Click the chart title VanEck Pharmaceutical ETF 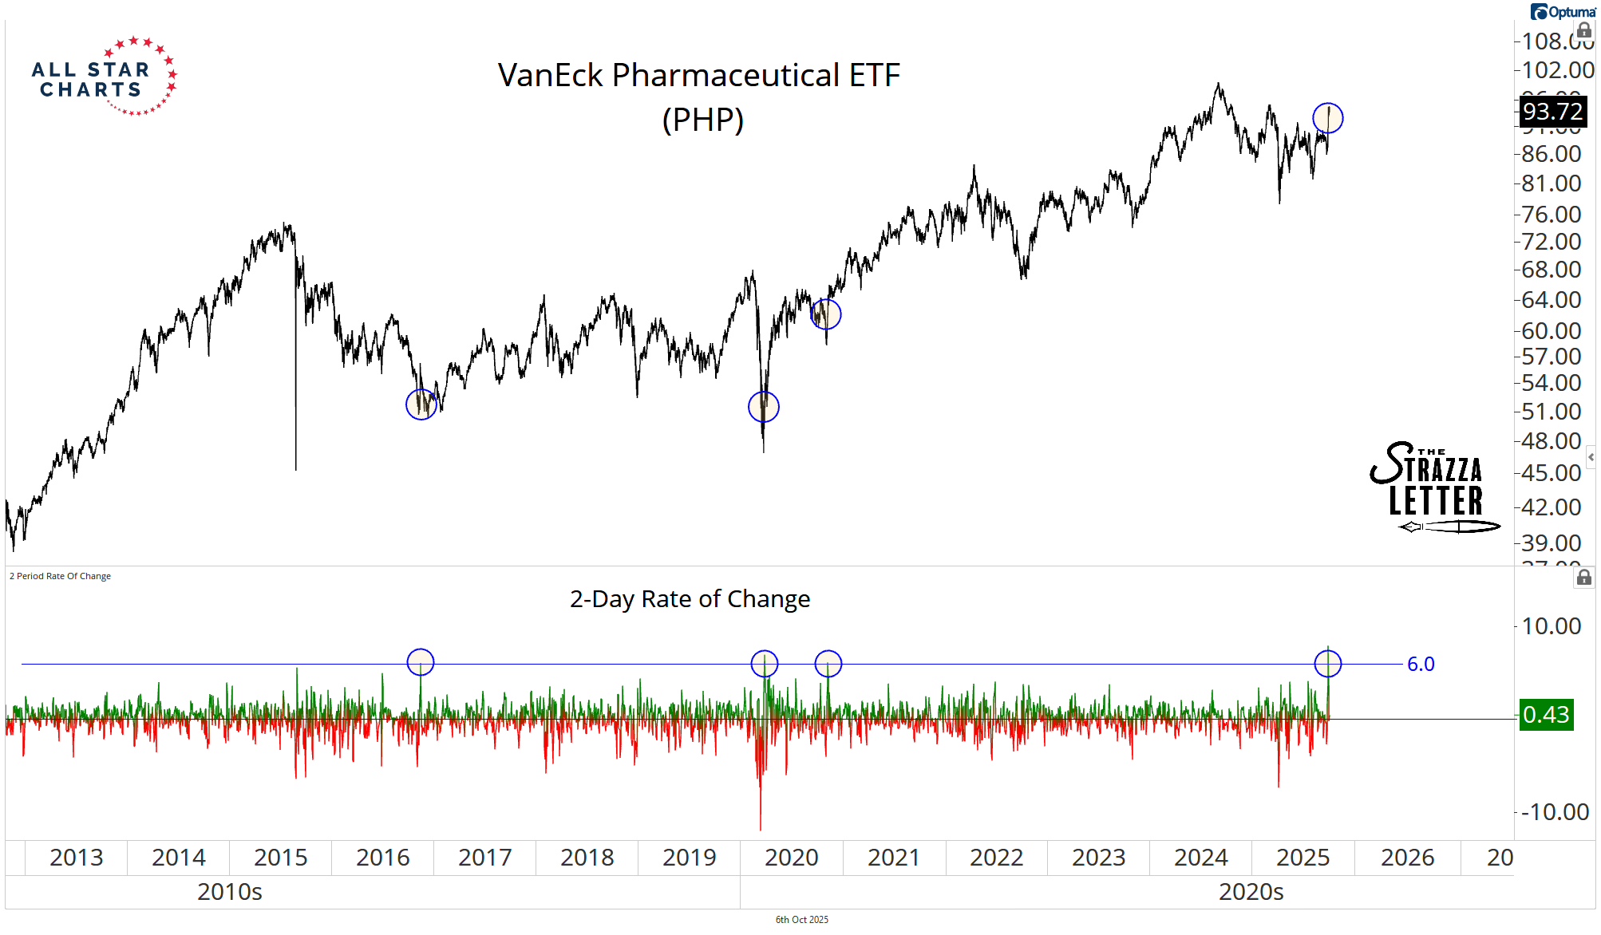coord(698,76)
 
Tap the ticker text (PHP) coord(702,120)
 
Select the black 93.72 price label coord(1552,112)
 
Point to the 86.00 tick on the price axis coord(1551,154)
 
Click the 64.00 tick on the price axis coord(1551,300)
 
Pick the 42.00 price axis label coord(1551,507)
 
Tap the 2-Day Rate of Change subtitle coord(690,599)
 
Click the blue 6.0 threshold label coord(1421,665)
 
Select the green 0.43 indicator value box coord(1546,715)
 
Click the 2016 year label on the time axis coord(382,858)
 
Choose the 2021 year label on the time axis coord(894,858)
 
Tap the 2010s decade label coord(230,892)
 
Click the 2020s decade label coord(1251,892)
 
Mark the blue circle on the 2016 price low coord(421,404)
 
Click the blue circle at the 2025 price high coord(1328,118)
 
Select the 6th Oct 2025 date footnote coord(802,920)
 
